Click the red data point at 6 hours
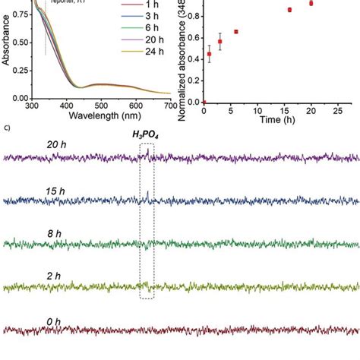pyautogui.click(x=235, y=32)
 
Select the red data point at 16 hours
pyautogui.click(x=289, y=10)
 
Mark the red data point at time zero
pyautogui.click(x=204, y=101)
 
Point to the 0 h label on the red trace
pyautogui.click(x=54, y=322)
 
